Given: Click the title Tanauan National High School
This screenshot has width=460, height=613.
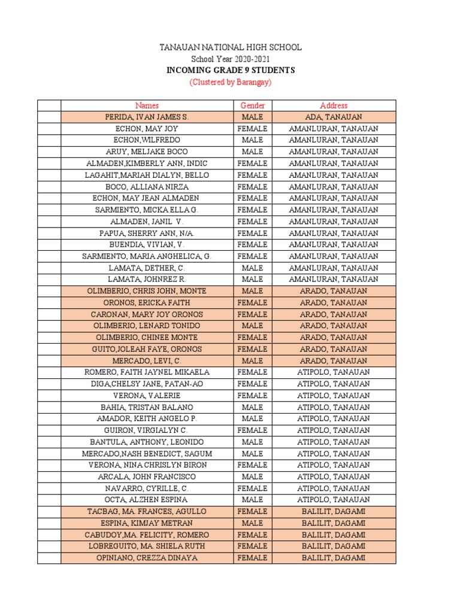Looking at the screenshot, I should pyautogui.click(x=230, y=47).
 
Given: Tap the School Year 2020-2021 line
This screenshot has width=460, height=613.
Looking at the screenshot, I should pyautogui.click(x=230, y=59).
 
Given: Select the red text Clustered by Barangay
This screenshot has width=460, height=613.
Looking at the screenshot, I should pyautogui.click(x=230, y=82).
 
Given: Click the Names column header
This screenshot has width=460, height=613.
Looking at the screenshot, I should pyautogui.click(x=147, y=105).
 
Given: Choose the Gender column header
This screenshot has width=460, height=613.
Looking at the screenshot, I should pyautogui.click(x=252, y=105).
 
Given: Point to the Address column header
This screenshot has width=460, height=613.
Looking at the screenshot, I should pyautogui.click(x=334, y=105).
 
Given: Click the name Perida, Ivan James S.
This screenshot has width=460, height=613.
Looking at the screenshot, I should pyautogui.click(x=147, y=117).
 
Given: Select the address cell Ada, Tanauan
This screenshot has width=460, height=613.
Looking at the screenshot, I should pyautogui.click(x=334, y=117).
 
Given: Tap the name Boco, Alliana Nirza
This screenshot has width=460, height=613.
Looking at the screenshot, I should pyautogui.click(x=147, y=187).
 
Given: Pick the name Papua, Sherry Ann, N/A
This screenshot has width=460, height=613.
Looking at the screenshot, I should pyautogui.click(x=147, y=233).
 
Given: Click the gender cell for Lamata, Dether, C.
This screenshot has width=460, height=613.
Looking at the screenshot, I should pyautogui.click(x=252, y=268).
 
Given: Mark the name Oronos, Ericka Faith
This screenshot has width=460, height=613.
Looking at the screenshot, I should pyautogui.click(x=147, y=302).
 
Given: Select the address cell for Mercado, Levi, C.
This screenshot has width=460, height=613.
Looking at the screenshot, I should pyautogui.click(x=334, y=360).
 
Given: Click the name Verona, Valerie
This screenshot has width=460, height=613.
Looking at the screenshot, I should pyautogui.click(x=147, y=395).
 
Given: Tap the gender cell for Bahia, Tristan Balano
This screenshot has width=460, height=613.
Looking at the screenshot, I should pyautogui.click(x=252, y=407).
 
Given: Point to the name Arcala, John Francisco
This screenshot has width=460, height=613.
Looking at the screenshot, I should pyautogui.click(x=147, y=477).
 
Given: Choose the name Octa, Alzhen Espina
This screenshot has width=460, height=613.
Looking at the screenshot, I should pyautogui.click(x=147, y=499).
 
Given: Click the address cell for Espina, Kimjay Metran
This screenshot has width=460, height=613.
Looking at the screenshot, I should pyautogui.click(x=334, y=523).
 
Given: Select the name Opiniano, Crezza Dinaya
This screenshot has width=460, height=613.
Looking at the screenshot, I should pyautogui.click(x=147, y=557).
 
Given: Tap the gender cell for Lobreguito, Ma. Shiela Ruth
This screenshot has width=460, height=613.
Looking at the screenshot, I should pyautogui.click(x=252, y=546).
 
